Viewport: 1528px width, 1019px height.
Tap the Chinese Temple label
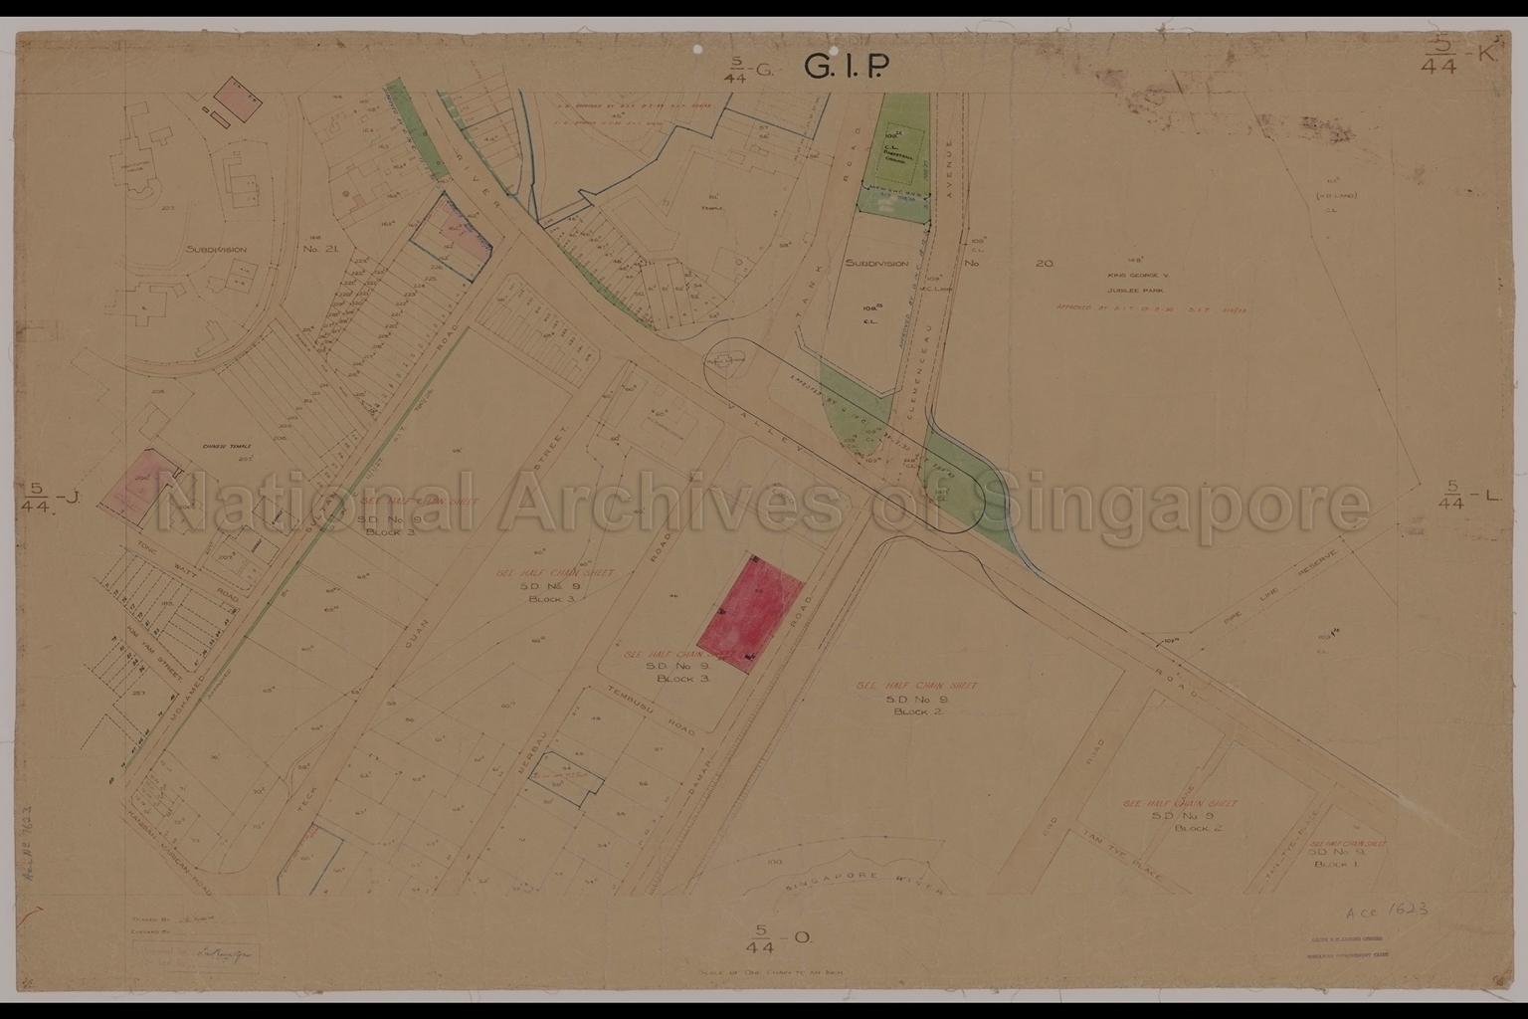pyautogui.click(x=229, y=447)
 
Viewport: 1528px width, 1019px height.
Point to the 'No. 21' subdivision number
pyautogui.click(x=319, y=250)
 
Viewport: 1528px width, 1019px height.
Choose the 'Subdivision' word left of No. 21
pyautogui.click(x=216, y=250)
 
